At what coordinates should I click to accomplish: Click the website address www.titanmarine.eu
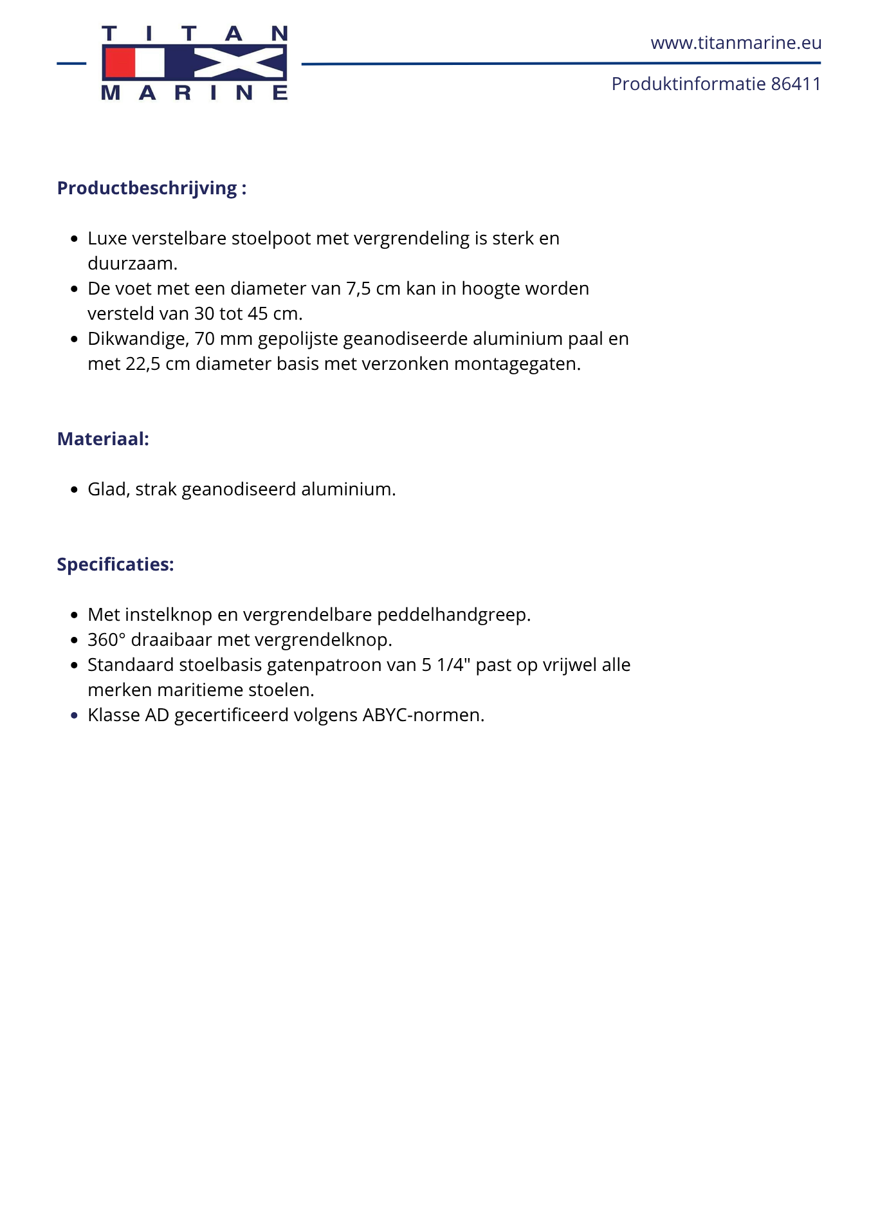(736, 43)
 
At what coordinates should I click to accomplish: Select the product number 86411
(796, 84)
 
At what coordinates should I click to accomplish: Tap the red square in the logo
(120, 64)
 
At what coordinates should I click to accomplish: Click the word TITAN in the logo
(194, 33)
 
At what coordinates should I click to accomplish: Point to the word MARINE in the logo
(194, 93)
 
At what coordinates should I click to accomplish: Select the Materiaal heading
(103, 439)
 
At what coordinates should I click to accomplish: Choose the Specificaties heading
(116, 565)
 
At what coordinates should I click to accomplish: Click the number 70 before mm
(205, 339)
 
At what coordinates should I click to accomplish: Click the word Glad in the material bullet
(109, 490)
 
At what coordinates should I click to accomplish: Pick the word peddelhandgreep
(453, 615)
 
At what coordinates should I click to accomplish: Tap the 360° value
(107, 640)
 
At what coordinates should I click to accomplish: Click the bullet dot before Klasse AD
(75, 715)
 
